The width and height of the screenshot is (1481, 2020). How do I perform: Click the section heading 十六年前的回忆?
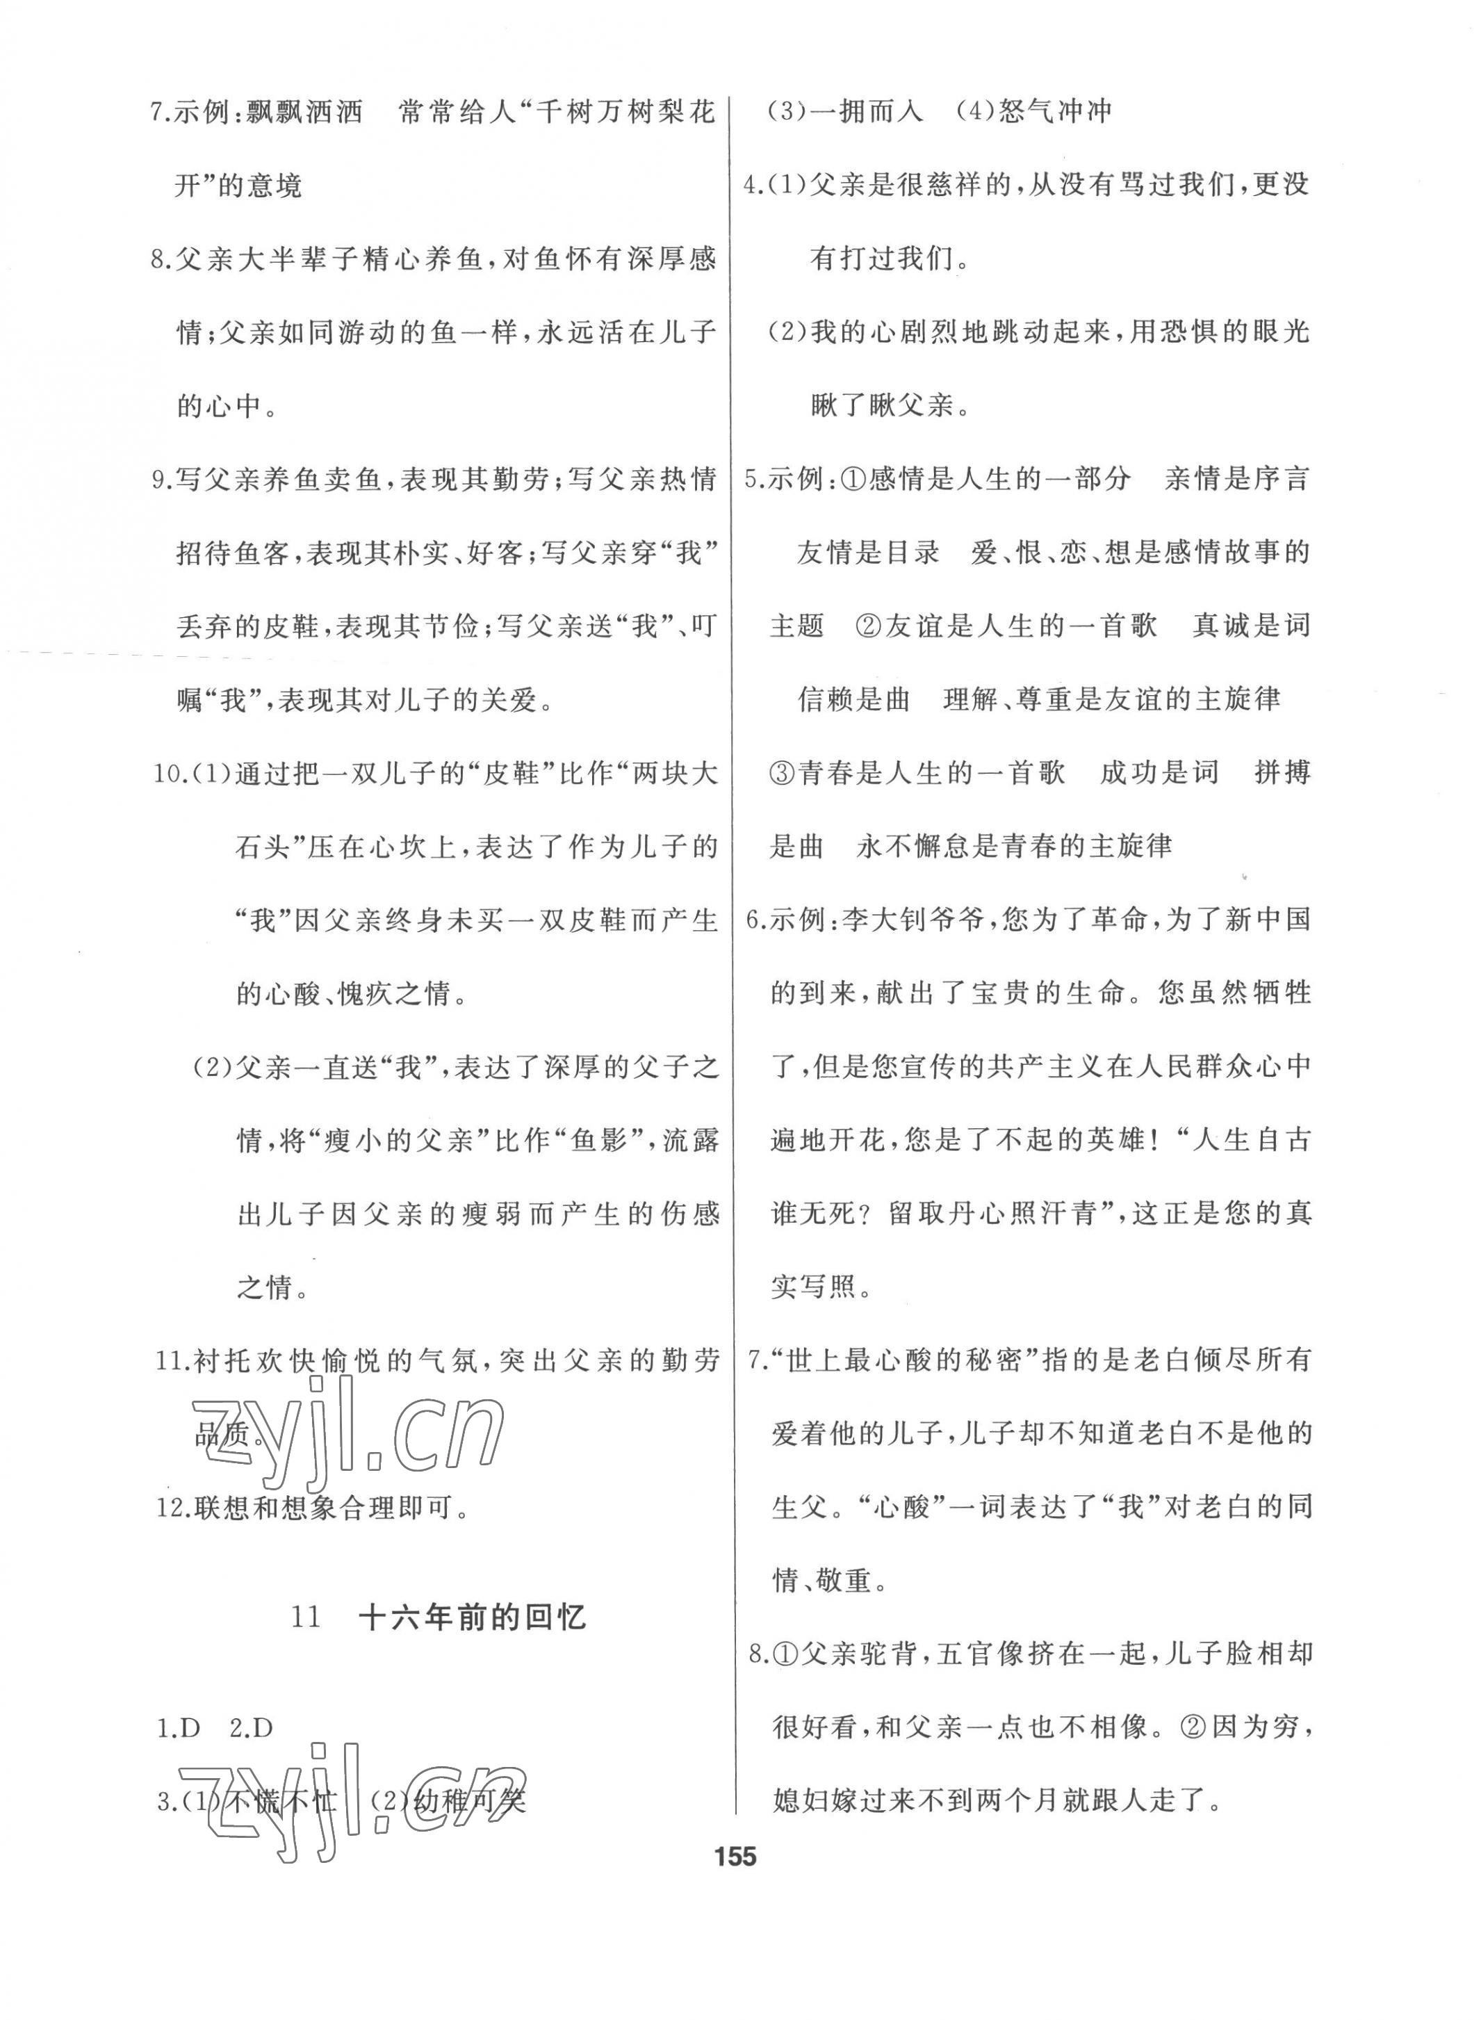pyautogui.click(x=472, y=1618)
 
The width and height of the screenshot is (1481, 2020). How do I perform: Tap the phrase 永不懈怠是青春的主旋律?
pyautogui.click(x=1014, y=847)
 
